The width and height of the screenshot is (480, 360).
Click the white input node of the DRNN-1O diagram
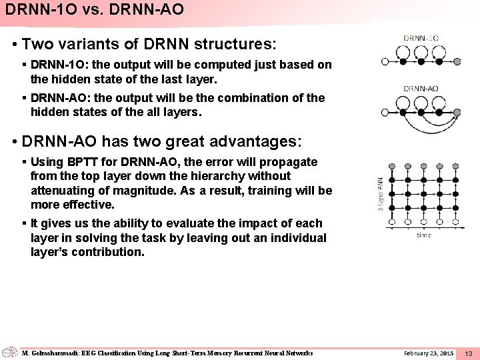(385, 61)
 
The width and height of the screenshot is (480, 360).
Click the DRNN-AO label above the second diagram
(421, 89)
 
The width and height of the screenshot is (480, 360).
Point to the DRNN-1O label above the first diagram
(421, 38)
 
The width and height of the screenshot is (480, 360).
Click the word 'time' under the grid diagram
(424, 235)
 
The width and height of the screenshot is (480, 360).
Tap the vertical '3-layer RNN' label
(380, 194)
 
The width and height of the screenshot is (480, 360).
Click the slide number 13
(468, 353)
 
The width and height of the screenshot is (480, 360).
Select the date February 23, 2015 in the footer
(429, 352)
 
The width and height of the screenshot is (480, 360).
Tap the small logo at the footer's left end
(10, 352)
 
